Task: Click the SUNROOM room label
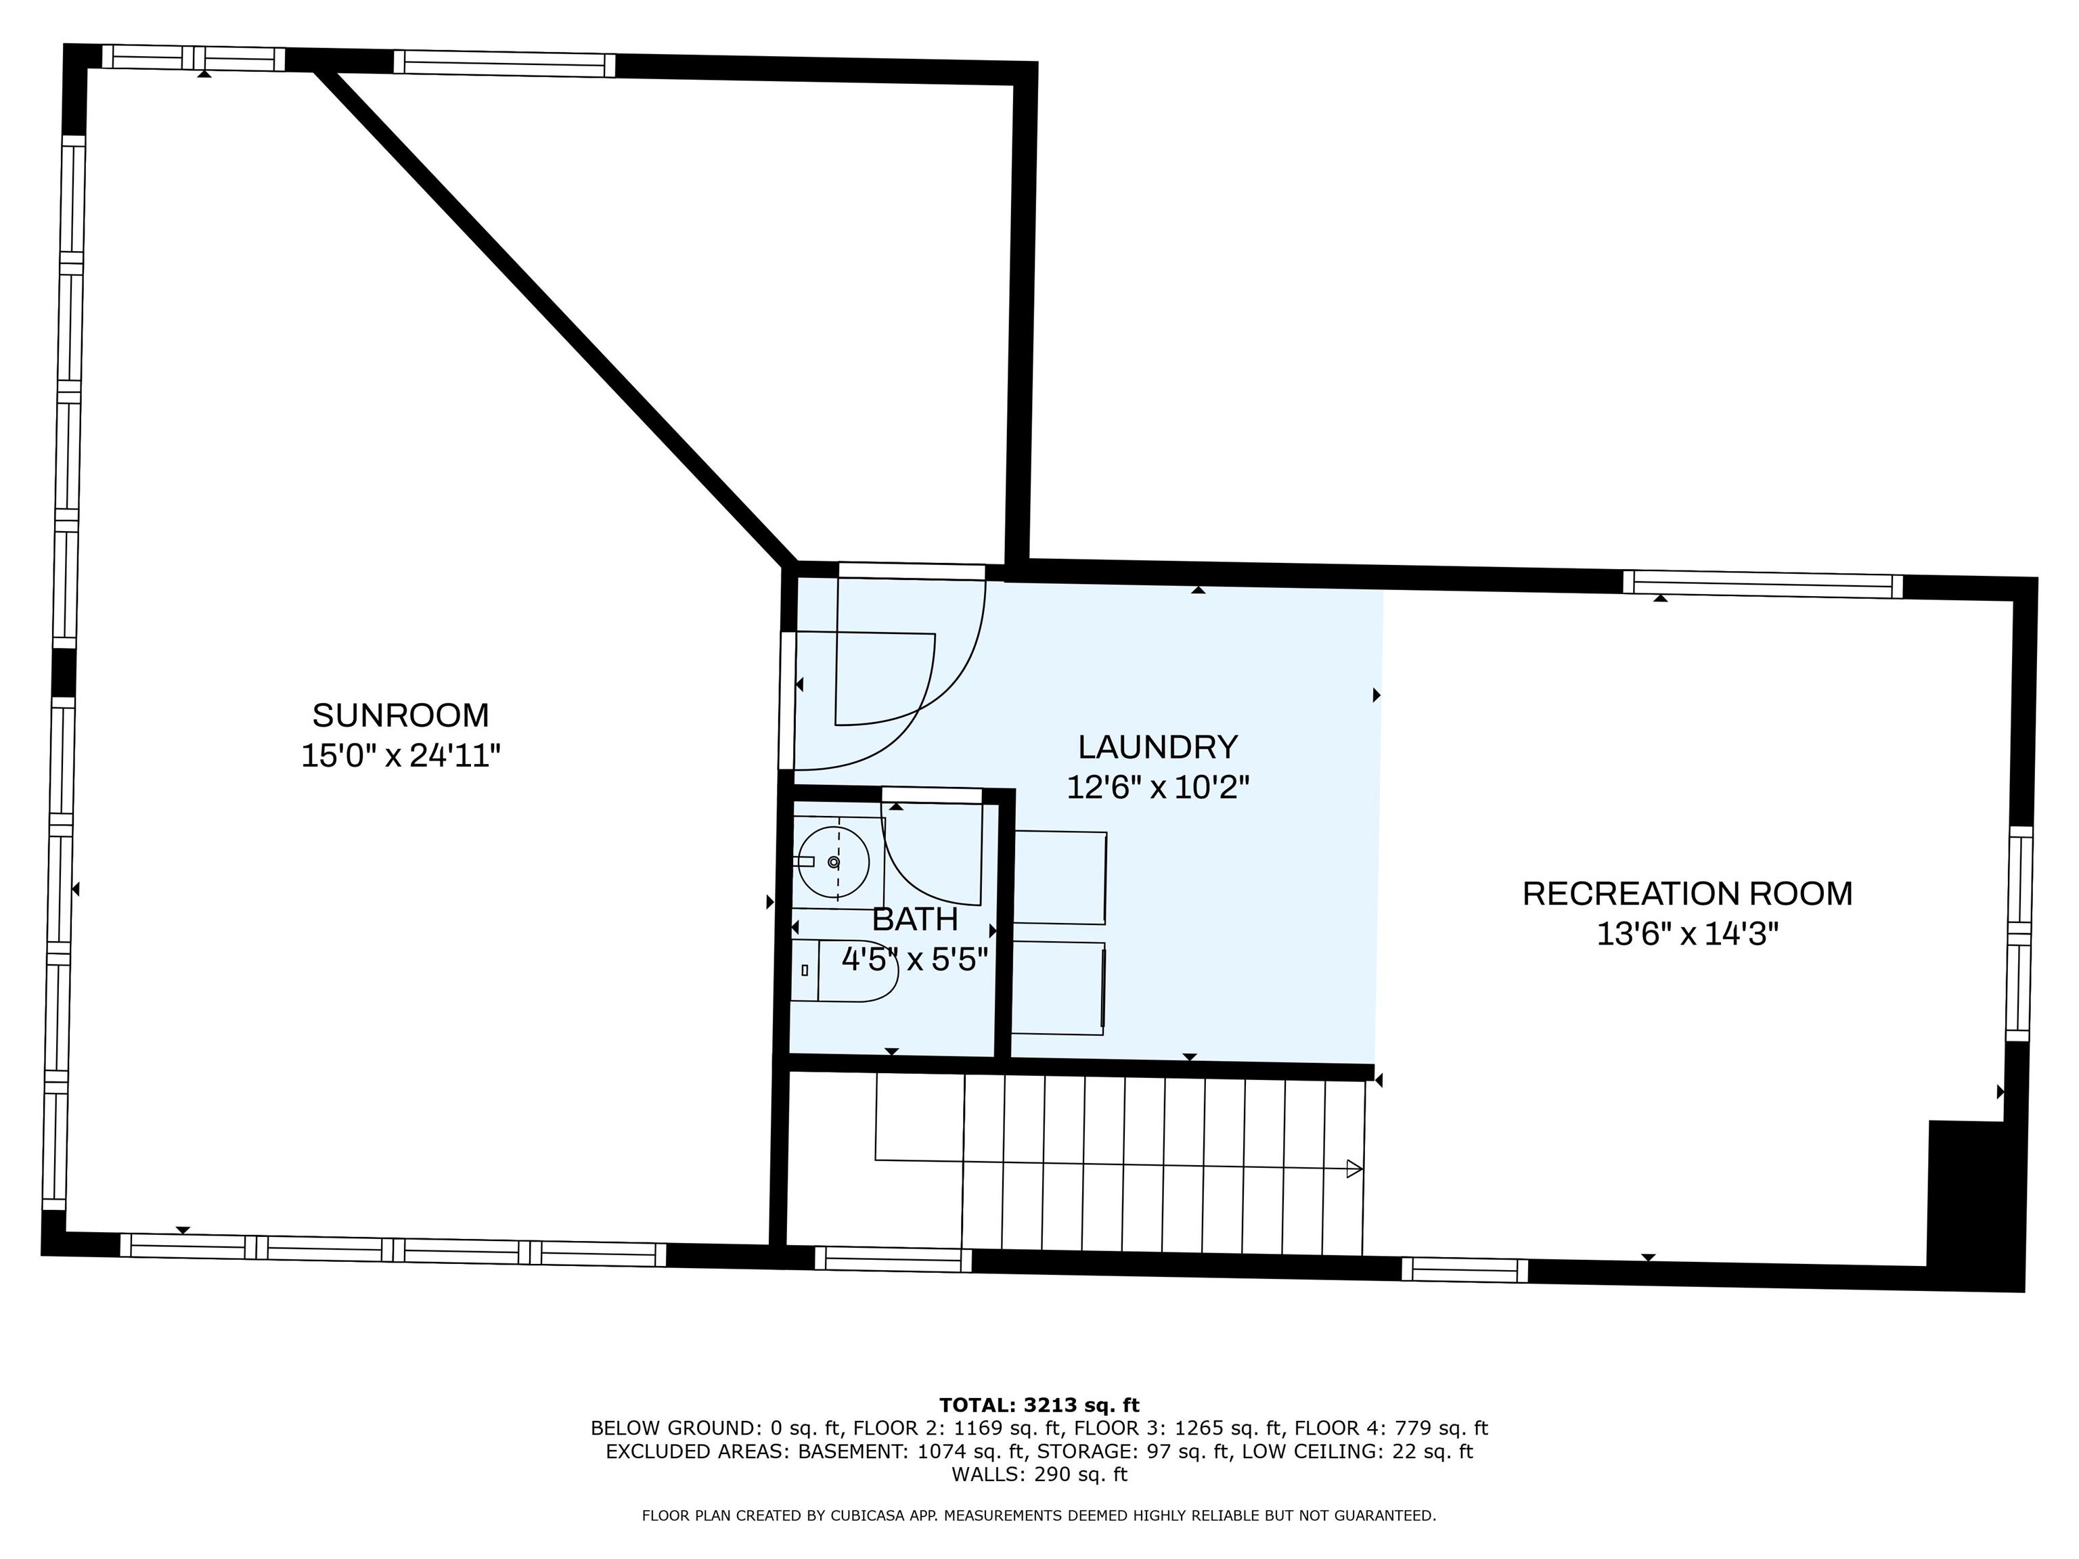click(401, 715)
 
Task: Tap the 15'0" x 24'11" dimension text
click(401, 756)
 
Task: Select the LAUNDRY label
click(1157, 747)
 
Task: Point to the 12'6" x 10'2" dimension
click(1157, 788)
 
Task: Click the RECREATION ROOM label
click(1687, 894)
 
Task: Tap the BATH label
click(914, 918)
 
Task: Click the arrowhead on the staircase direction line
click(1354, 1169)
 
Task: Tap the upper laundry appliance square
click(1058, 877)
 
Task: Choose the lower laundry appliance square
click(1056, 988)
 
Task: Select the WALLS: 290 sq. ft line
click(1039, 1474)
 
